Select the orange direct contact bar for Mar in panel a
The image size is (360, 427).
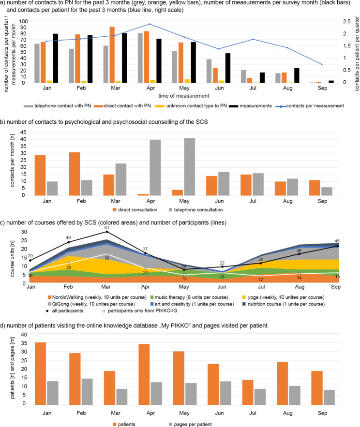point(112,55)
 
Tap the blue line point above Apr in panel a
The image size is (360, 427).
point(150,24)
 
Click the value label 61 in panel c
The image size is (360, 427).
point(107,227)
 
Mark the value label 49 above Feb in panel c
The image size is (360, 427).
point(68,238)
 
